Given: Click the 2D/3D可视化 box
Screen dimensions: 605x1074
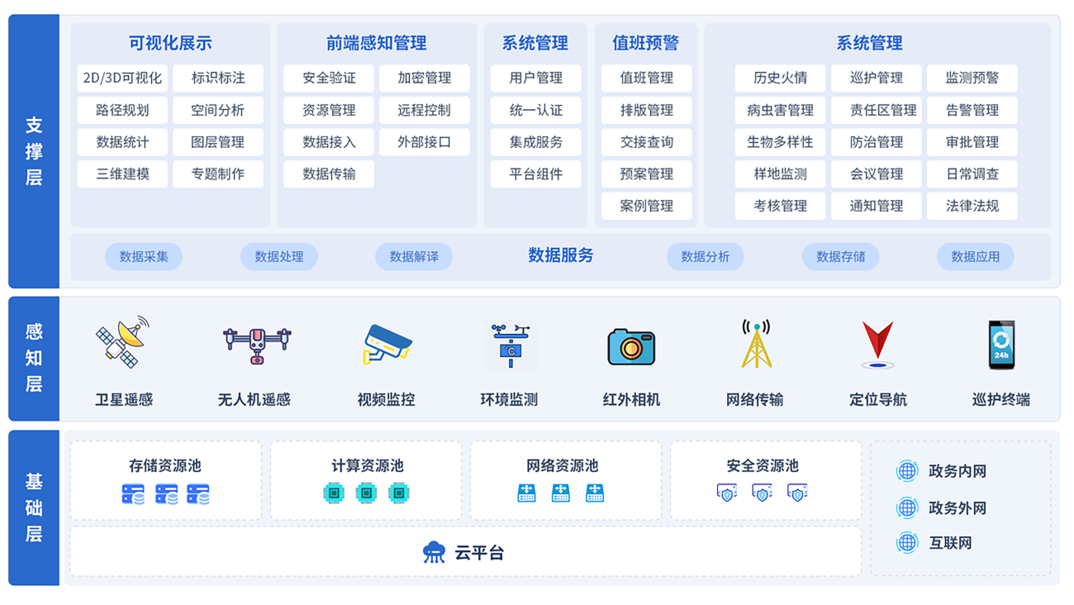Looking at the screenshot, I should pos(122,79).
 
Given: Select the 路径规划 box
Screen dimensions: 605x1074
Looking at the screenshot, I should pos(122,110).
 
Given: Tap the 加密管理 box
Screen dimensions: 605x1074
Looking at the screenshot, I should pos(425,79).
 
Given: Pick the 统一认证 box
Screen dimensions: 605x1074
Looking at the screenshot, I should pos(536,110).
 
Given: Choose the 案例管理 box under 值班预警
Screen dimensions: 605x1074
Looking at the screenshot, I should pos(647,206).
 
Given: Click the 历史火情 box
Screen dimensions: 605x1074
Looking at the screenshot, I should pos(780,79).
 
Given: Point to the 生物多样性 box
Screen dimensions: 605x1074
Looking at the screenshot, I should pos(780,142).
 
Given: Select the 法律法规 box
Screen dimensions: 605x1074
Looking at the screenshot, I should pos(972,206).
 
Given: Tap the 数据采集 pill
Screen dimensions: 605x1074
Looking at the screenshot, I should pos(144,256).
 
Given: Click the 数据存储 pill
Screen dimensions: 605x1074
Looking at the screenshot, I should pos(840,256).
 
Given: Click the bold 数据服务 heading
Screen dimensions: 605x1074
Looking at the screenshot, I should pos(561,255).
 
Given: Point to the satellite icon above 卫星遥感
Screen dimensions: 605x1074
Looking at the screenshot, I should pos(123,341).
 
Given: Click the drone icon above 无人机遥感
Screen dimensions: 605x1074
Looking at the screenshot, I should pos(257,344).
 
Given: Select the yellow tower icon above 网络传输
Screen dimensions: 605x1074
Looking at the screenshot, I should pos(756,344).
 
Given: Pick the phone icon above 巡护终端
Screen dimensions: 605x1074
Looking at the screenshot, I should pos(1001,344).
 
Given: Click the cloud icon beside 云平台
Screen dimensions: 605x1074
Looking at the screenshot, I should pos(434,552).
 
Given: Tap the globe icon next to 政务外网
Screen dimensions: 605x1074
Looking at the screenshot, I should pos(907,507).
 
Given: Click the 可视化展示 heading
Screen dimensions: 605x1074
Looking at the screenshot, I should pos(170,43).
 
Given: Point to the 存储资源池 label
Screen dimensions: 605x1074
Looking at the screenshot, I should pos(165,465).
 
